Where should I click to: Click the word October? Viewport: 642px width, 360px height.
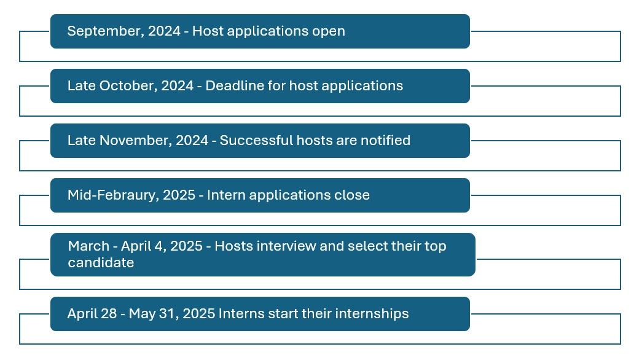click(x=127, y=86)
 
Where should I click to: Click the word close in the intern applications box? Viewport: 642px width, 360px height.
click(x=353, y=195)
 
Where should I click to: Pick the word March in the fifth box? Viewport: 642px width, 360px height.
click(x=88, y=246)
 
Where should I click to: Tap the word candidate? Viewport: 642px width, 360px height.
click(x=101, y=263)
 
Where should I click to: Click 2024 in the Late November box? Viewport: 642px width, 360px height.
click(x=192, y=141)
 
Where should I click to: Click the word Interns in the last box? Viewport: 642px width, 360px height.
click(x=241, y=314)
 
